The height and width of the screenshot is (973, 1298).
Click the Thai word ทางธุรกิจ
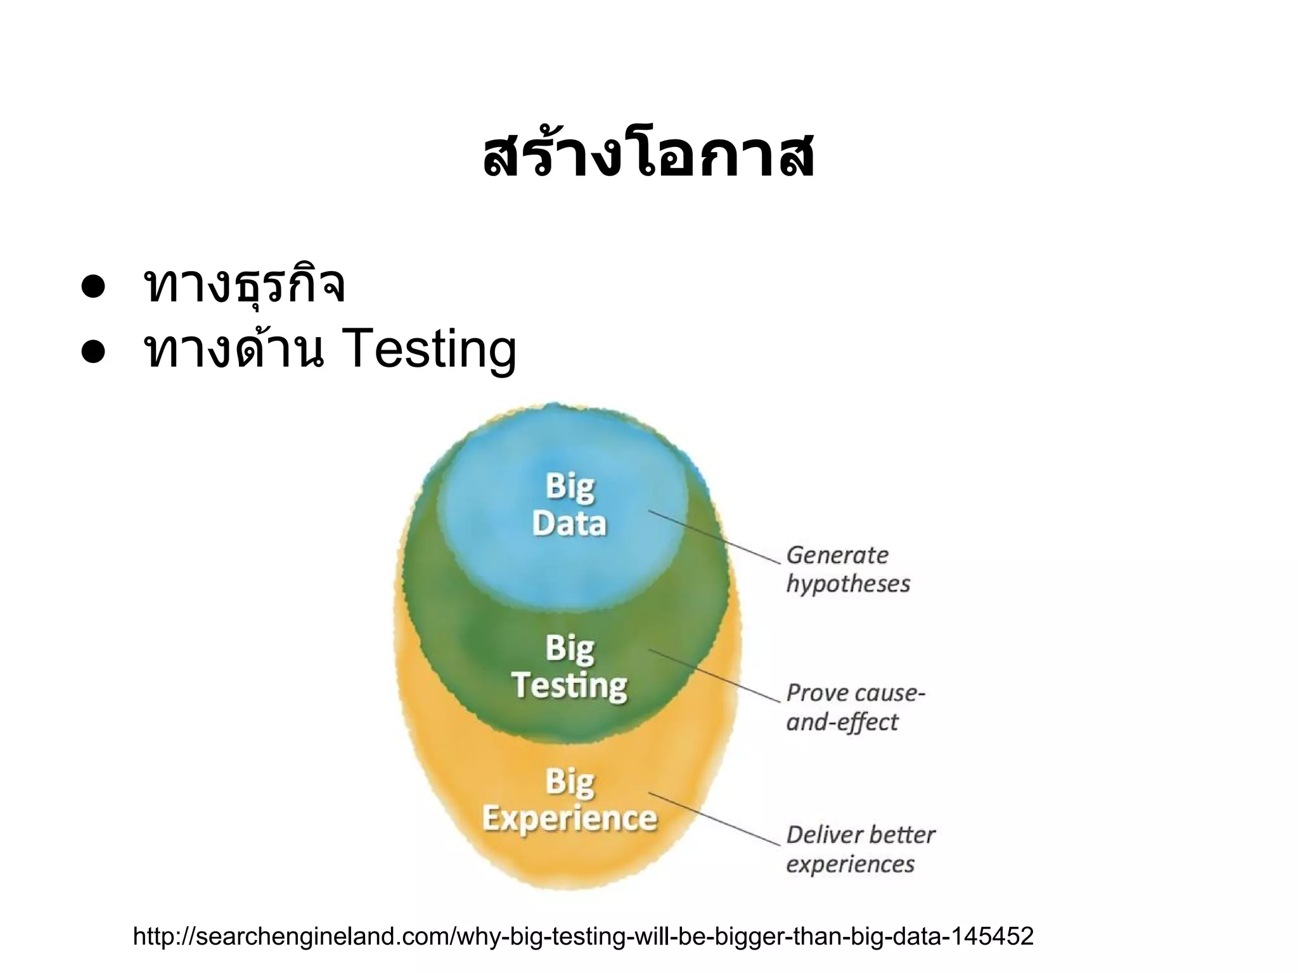pyautogui.click(x=245, y=285)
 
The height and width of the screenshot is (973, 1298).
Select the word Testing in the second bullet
pyautogui.click(x=429, y=350)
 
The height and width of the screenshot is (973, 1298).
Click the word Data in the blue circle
pyautogui.click(x=569, y=523)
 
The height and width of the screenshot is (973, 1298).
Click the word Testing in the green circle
pyautogui.click(x=569, y=685)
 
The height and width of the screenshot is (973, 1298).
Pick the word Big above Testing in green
pyautogui.click(x=570, y=649)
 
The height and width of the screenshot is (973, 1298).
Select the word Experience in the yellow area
pyautogui.click(x=569, y=818)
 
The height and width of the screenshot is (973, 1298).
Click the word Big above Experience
pyautogui.click(x=570, y=782)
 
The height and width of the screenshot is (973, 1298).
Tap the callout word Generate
pyautogui.click(x=837, y=556)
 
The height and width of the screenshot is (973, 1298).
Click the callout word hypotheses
pyautogui.click(x=848, y=584)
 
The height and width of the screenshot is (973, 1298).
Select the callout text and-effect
pyautogui.click(x=842, y=722)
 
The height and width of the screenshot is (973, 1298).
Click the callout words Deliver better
pyautogui.click(x=860, y=835)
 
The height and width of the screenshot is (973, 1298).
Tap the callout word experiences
pyautogui.click(x=850, y=864)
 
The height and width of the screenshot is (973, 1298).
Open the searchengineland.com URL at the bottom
pyautogui.click(x=583, y=936)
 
